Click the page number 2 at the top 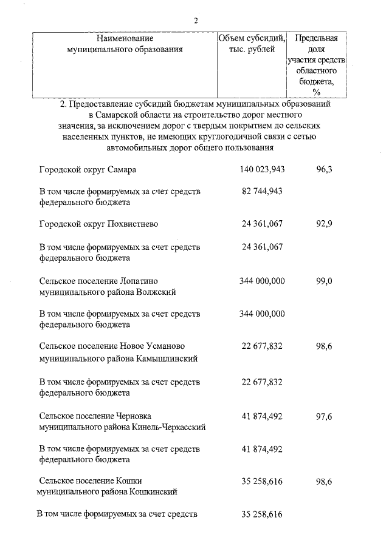click(196, 21)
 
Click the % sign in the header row click(316, 92)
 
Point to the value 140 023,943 click(263, 169)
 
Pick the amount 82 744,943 click(263, 191)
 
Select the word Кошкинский click(154, 492)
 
